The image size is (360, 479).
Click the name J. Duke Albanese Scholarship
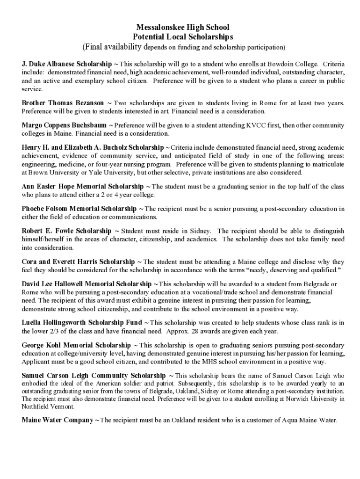coord(67,63)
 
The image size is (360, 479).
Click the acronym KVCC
coord(255,125)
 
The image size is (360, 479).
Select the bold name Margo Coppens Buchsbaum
coord(64,125)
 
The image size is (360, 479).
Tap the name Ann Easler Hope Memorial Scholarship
coord(83,187)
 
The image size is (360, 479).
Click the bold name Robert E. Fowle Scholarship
coord(66,231)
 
